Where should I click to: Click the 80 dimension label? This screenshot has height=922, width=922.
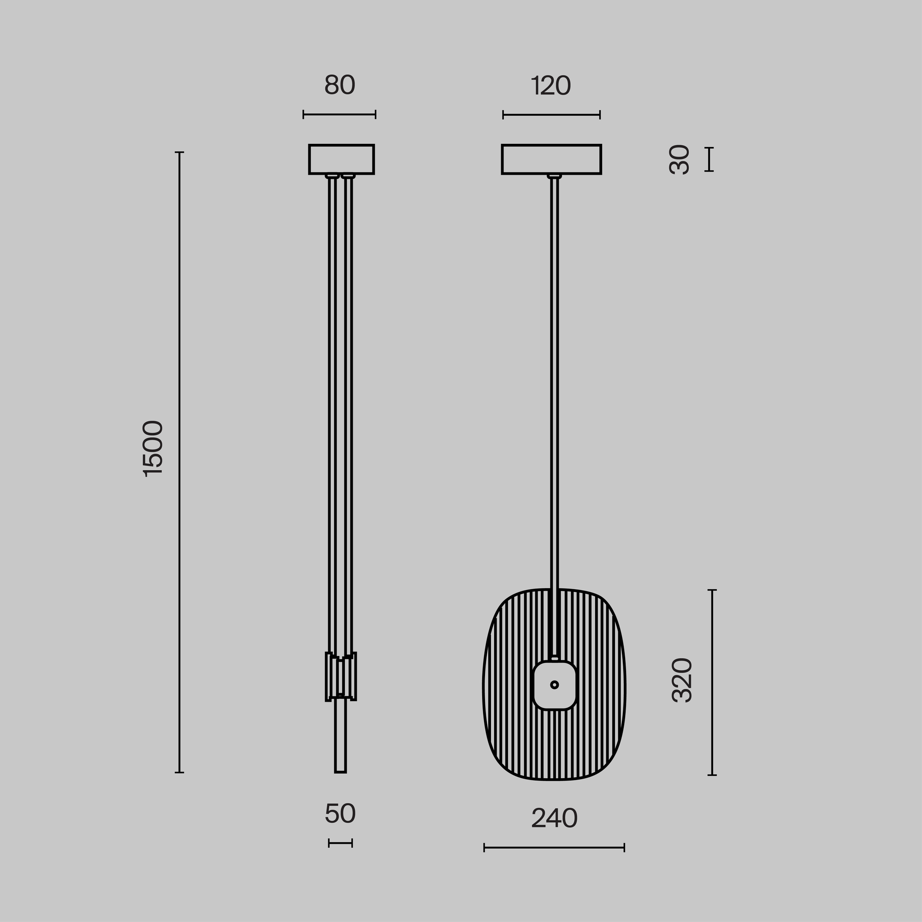coord(339,86)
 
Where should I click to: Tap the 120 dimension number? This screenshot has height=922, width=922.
coord(551,86)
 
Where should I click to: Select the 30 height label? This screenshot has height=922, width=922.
coord(680,160)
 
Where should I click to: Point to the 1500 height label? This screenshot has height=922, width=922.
coord(153,448)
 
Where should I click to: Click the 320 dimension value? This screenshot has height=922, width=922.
coord(681,680)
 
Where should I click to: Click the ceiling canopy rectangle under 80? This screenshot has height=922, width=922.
coord(341,160)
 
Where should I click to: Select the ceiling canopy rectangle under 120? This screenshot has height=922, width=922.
coord(551,160)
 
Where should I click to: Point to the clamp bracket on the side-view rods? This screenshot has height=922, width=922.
coord(341,677)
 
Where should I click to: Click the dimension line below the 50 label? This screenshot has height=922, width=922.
coord(340,843)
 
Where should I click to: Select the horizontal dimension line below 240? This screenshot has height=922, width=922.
coord(554,848)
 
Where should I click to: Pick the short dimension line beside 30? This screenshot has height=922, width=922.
coord(709,160)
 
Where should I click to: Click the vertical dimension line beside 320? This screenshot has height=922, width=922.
coord(712,682)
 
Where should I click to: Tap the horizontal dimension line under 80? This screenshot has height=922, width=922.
coord(339,114)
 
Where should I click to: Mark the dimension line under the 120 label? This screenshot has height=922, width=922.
coord(551,115)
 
